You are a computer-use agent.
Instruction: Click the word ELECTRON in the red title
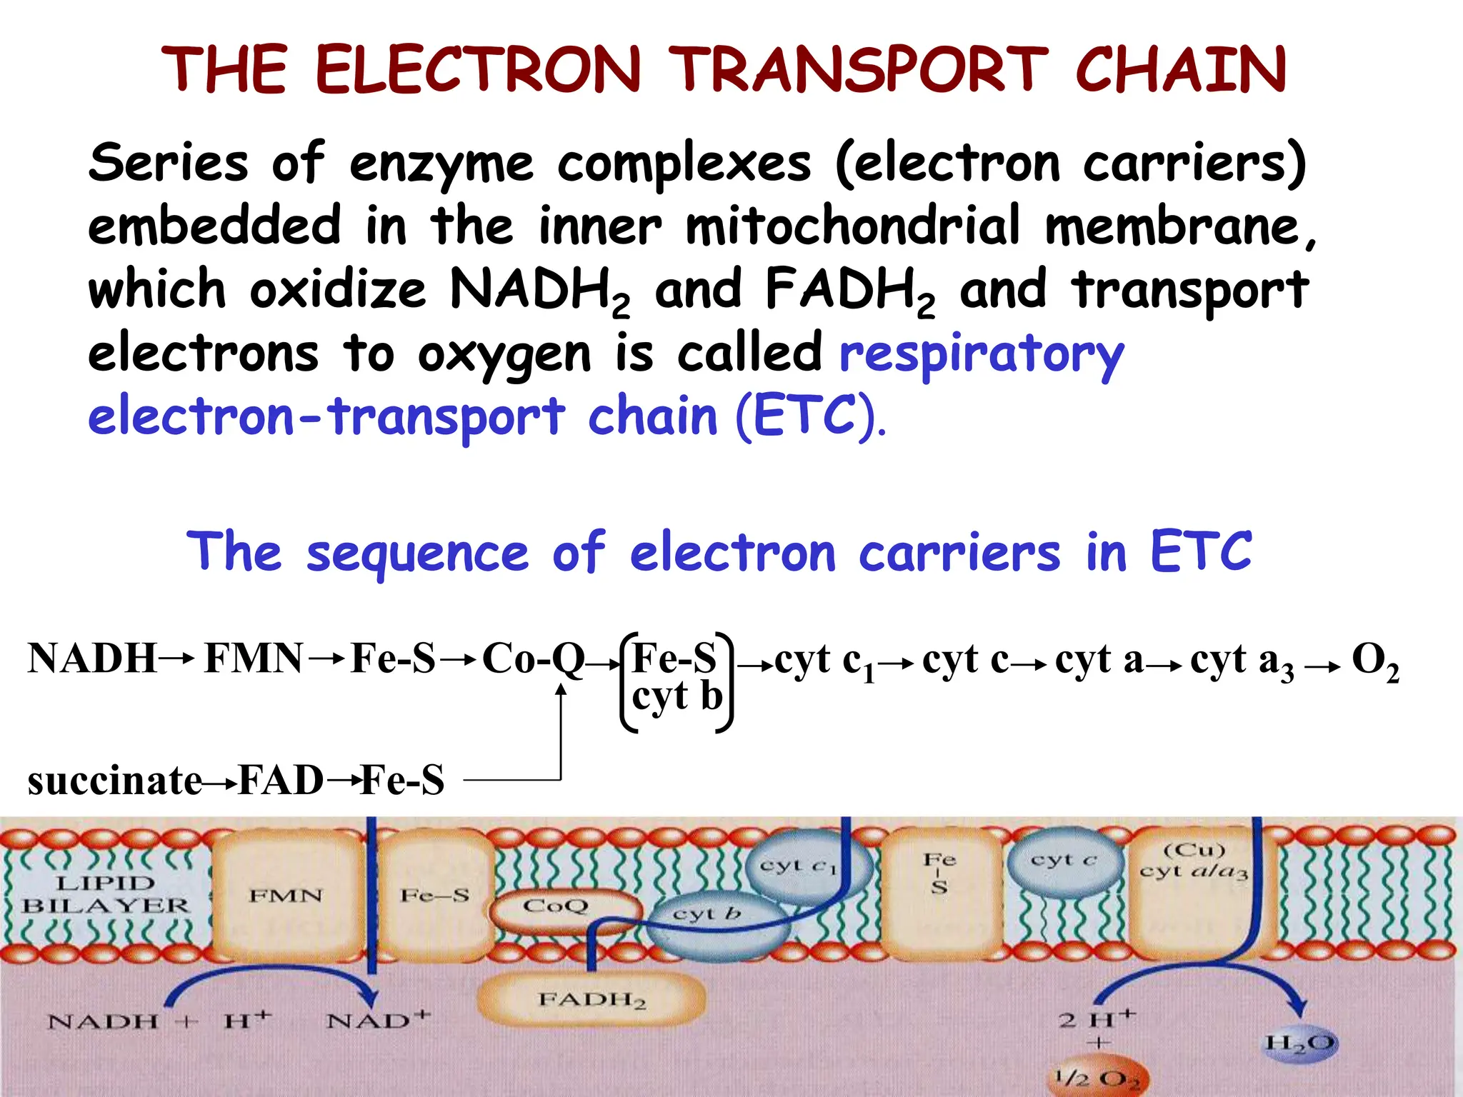(477, 69)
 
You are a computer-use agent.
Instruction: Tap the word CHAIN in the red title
(1180, 69)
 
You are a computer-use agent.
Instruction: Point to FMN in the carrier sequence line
(254, 658)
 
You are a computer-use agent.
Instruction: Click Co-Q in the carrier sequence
(533, 658)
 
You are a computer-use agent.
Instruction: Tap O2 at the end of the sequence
(1375, 661)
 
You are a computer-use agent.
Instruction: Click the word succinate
(114, 780)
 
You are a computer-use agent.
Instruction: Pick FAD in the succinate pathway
(280, 780)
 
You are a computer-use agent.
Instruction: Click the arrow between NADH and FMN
(177, 658)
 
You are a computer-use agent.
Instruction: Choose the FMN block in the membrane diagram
(286, 896)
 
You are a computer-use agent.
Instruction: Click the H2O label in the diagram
(1299, 1043)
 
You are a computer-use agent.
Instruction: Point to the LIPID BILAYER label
(106, 894)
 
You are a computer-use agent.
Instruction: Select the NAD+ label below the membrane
(378, 1020)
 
